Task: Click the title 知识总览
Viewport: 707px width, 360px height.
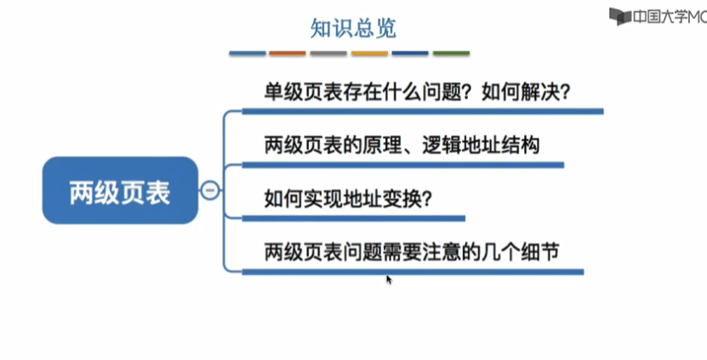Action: pos(353,28)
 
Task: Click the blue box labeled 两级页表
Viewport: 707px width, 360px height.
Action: pos(120,191)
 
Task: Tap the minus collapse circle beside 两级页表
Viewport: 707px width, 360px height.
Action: pos(209,191)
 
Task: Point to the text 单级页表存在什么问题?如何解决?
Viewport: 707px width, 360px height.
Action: pos(417,90)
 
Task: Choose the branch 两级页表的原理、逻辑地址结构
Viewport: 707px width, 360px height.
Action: pos(402,145)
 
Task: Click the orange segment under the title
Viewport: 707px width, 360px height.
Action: pos(288,54)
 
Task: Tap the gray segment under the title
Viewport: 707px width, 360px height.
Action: pos(328,54)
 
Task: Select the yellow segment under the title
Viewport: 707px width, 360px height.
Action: pos(369,54)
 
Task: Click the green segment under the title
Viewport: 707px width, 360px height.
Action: pos(451,54)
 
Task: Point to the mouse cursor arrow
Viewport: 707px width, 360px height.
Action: pos(389,278)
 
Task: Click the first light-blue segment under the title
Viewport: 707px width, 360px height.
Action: pos(247,54)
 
